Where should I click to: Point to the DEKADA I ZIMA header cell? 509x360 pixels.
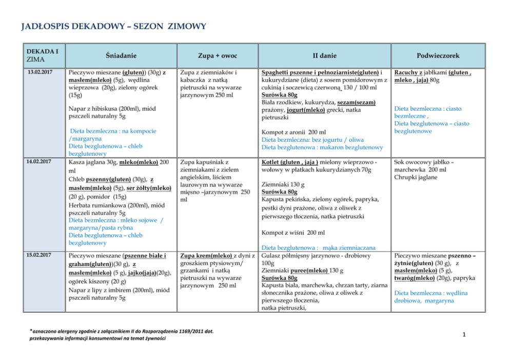coord(43,55)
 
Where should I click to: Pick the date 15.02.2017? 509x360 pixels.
coord(40,254)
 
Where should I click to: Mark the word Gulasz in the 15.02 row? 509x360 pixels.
coord(272,255)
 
